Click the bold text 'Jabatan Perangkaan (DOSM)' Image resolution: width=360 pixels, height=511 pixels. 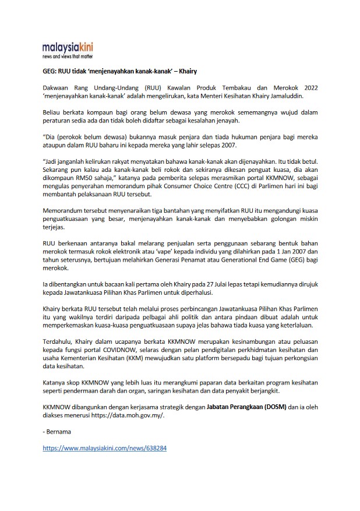point(246,407)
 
